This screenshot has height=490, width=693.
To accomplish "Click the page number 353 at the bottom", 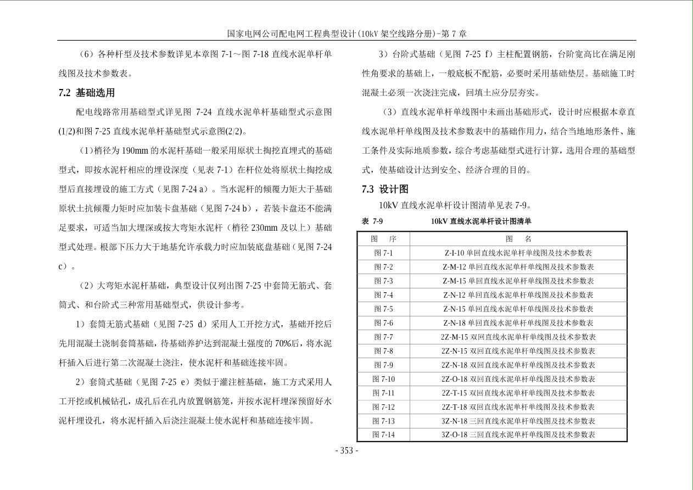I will [347, 451].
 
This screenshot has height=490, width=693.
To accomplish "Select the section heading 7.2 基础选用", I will [87, 93].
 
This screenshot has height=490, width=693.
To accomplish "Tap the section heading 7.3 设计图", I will [385, 189].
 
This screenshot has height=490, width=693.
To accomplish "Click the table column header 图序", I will [383, 239].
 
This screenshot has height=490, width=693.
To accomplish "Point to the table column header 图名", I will [518, 239].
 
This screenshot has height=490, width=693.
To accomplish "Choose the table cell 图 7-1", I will [383, 253].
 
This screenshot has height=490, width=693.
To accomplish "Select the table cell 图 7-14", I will [383, 435].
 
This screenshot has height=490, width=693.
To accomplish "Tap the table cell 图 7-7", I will [383, 337].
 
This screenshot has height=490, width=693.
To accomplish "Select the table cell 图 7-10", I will [383, 379].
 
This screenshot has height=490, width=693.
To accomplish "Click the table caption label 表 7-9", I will [372, 221].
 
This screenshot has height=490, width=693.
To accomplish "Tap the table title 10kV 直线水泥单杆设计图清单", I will [481, 221].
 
